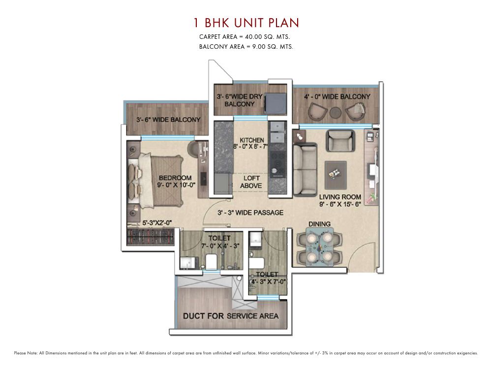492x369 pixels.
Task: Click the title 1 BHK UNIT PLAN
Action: (246, 23)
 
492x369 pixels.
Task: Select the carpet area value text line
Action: (247, 37)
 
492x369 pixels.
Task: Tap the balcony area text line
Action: (246, 47)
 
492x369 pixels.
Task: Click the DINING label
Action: (319, 224)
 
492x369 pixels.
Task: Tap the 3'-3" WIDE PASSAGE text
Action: (250, 213)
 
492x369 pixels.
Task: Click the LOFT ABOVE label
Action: (251, 182)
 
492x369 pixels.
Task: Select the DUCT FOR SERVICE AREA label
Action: (231, 316)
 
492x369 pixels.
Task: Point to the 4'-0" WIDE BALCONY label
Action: (337, 97)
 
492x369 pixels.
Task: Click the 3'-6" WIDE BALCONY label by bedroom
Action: (168, 120)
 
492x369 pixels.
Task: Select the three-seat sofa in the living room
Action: (305, 164)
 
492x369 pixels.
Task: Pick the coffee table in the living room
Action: (336, 173)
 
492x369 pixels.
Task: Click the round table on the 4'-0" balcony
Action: (336, 112)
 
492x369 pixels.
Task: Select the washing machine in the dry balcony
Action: (274, 103)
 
